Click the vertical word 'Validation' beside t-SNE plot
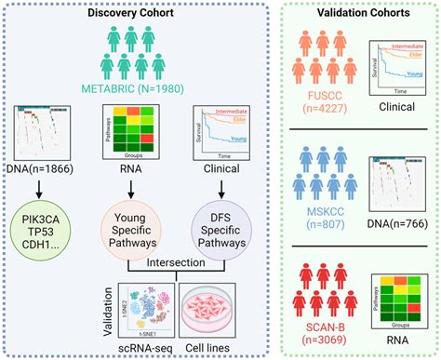(100, 306)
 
